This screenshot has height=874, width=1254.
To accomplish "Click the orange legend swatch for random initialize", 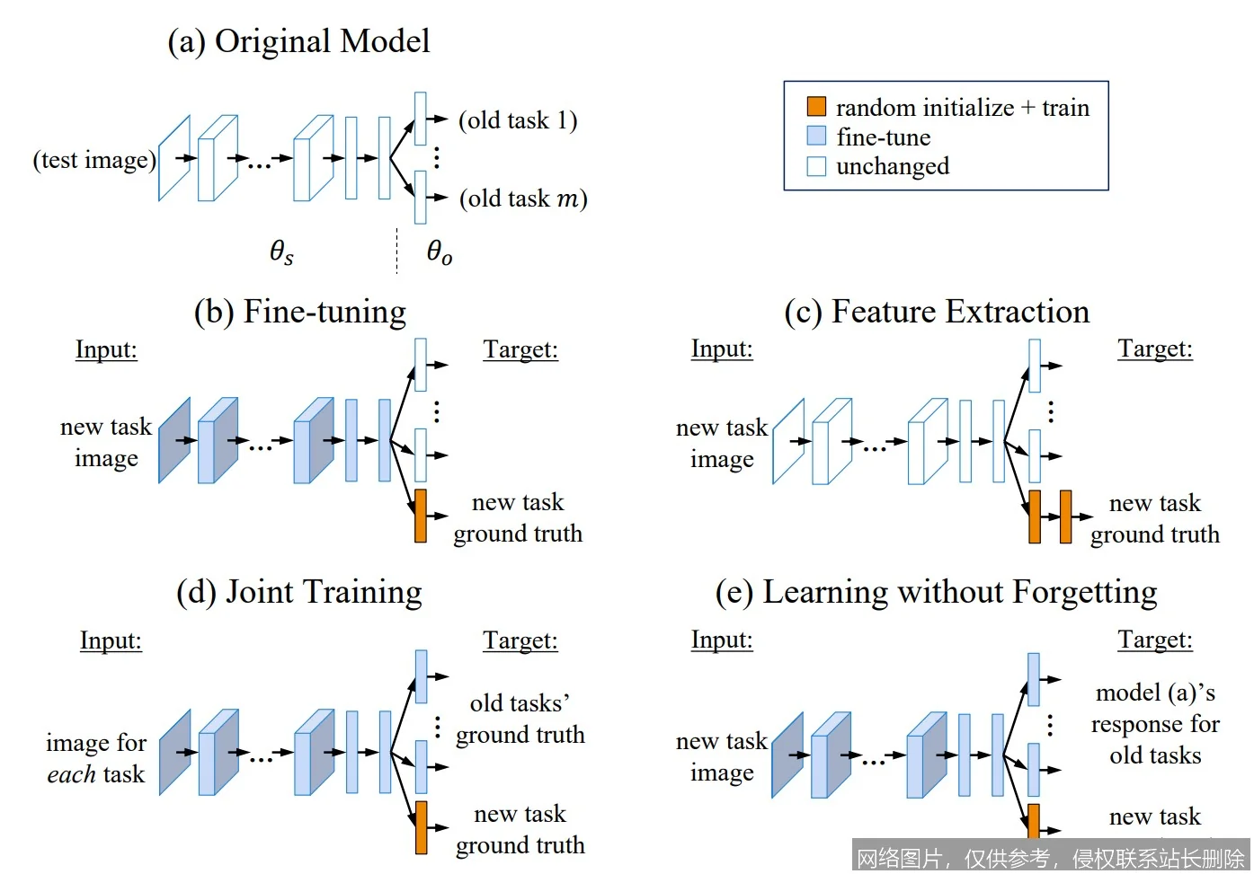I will click(x=816, y=107).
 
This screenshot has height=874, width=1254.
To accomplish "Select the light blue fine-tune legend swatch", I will click(x=816, y=137).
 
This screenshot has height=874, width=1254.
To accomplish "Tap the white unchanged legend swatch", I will click(x=816, y=166).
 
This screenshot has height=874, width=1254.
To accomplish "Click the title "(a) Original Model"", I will click(x=298, y=41).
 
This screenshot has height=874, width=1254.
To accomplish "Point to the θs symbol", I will click(x=281, y=252).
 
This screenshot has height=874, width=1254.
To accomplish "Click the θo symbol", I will click(x=439, y=252).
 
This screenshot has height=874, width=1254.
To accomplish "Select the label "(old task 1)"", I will click(x=518, y=120).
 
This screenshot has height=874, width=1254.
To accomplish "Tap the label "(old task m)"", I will click(x=523, y=199).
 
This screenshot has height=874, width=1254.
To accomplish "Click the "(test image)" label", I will click(x=94, y=160).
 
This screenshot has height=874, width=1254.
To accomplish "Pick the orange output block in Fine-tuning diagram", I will click(x=420, y=516).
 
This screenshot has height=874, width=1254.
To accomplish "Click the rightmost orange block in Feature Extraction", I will click(x=1065, y=516).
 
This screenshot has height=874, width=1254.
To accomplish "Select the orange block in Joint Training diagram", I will click(x=421, y=827).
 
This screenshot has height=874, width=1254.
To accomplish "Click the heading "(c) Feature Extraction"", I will click(x=937, y=312).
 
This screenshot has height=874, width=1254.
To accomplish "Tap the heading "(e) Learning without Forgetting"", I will click(x=936, y=592).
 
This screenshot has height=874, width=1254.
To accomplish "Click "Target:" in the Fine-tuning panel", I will click(x=520, y=349).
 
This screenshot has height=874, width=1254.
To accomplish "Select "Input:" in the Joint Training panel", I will click(x=111, y=640).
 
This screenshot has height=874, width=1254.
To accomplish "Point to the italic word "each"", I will click(x=71, y=774).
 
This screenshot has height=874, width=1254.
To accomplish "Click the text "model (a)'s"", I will click(x=1155, y=693).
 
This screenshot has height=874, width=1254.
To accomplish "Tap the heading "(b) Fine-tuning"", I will click(x=300, y=312).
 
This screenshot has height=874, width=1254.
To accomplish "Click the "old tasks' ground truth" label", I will click(x=520, y=719).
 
